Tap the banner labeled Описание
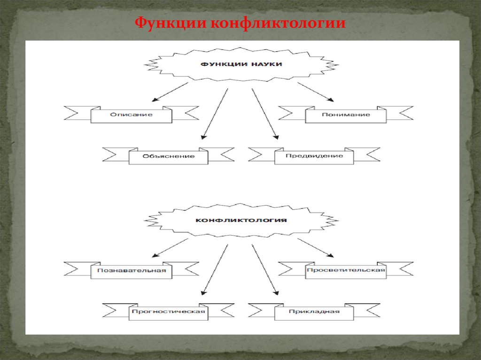[132, 115]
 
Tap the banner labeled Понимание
[346, 115]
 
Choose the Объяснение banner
[169, 156]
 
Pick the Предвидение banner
[314, 156]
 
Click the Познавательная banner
[132, 271]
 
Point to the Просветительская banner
[346, 270]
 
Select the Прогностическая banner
[169, 312]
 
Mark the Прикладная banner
[314, 312]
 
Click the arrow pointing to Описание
[170, 92]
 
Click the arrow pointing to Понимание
[316, 92]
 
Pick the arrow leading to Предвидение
[265, 113]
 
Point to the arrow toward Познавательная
[170, 248]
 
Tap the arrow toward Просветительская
[316, 248]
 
